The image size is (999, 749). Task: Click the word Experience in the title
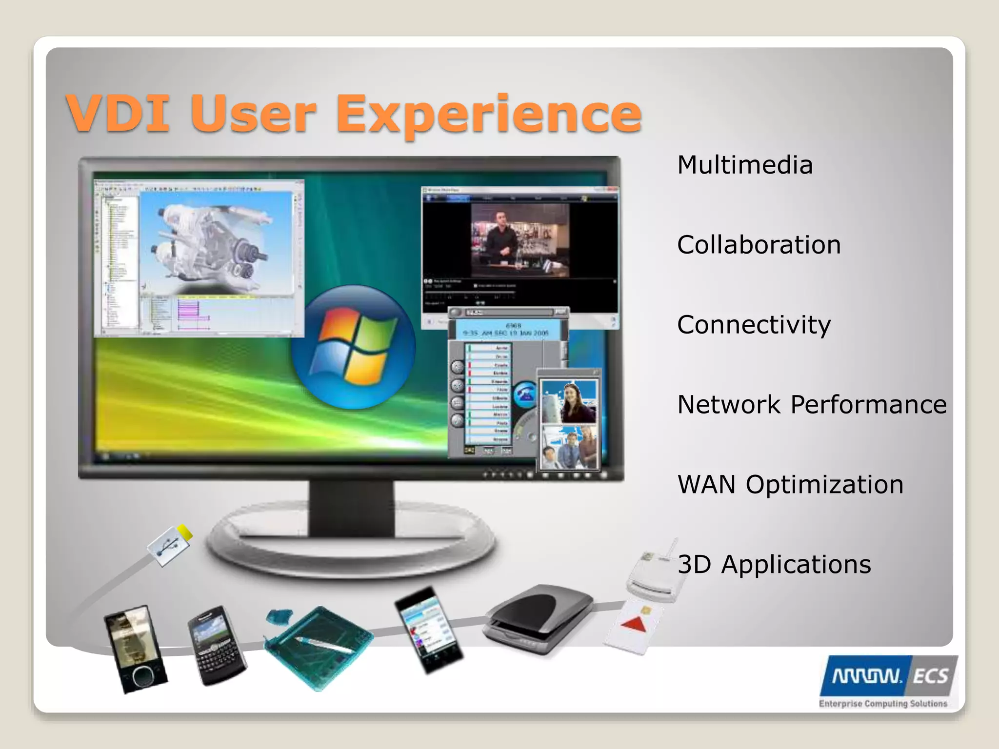pos(488,115)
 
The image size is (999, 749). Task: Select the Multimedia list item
pos(744,165)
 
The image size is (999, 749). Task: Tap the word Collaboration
pos(759,245)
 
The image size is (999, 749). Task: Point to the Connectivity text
pos(754,325)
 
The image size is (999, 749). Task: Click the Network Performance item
pos(811,405)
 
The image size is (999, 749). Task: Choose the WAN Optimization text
pos(790,485)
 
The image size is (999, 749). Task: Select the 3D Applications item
pos(774,565)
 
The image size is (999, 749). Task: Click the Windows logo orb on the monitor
pos(354,347)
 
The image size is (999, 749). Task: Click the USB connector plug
pos(170,546)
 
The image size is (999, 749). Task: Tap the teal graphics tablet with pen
pos(320,646)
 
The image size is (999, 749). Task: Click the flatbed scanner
pos(539,617)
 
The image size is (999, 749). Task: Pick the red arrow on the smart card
pos(634,624)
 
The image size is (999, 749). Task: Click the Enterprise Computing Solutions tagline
pos(882,703)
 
